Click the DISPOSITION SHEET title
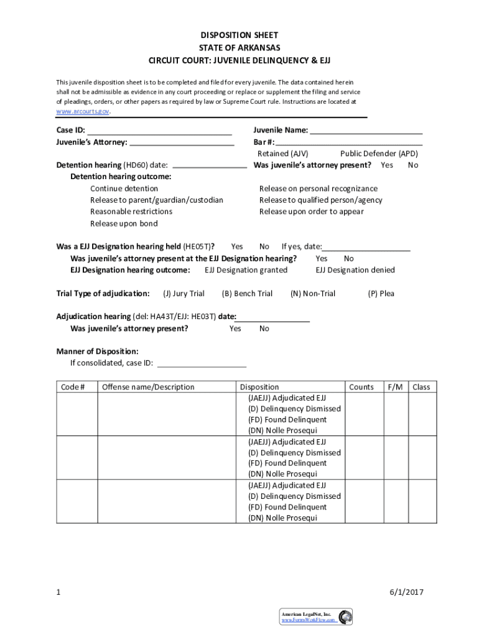pos(240,35)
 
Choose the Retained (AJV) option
pos(282,154)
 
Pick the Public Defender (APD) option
pos(379,154)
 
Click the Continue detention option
pos(124,188)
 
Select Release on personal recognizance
pos(318,188)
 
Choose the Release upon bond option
pos(124,223)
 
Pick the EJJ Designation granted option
pos(246,270)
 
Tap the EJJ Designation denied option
pos(355,270)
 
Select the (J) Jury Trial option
pos(184,294)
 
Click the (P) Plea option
pos(381,294)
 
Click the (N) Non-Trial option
pos(312,294)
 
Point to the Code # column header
pos(73,387)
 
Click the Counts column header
pos(361,387)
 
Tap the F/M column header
pos(395,387)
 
